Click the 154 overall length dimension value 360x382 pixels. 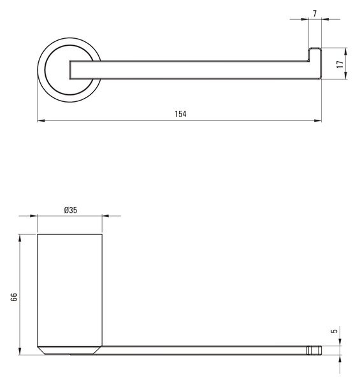point(180,114)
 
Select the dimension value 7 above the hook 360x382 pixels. point(315,13)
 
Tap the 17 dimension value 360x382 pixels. point(340,64)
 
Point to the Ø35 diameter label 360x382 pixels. point(71,210)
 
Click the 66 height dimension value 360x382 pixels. point(14,297)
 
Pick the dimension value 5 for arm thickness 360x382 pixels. point(335,331)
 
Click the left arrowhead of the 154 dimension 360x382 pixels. point(41,120)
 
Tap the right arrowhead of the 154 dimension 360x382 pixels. point(318,120)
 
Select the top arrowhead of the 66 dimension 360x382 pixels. point(20,238)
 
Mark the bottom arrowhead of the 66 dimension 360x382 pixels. point(20,351)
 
